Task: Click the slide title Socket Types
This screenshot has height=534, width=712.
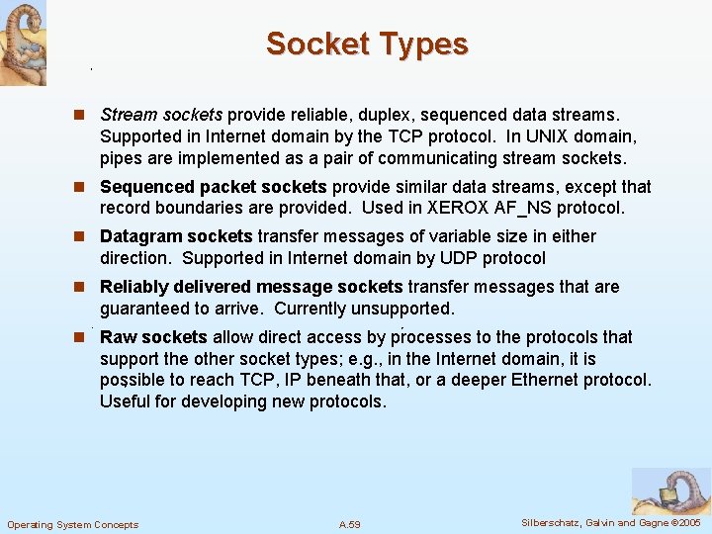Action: [x=367, y=44]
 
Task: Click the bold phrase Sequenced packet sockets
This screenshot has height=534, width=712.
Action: [x=214, y=187]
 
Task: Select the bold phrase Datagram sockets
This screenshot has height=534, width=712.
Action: [x=176, y=236]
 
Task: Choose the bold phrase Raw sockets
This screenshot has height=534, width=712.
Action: [x=153, y=337]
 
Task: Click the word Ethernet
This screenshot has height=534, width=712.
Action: [x=548, y=380]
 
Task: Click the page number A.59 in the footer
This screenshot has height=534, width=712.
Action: [x=349, y=524]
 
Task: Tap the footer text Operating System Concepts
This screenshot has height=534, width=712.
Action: [x=73, y=524]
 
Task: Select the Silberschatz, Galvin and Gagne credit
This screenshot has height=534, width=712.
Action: [x=610, y=522]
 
